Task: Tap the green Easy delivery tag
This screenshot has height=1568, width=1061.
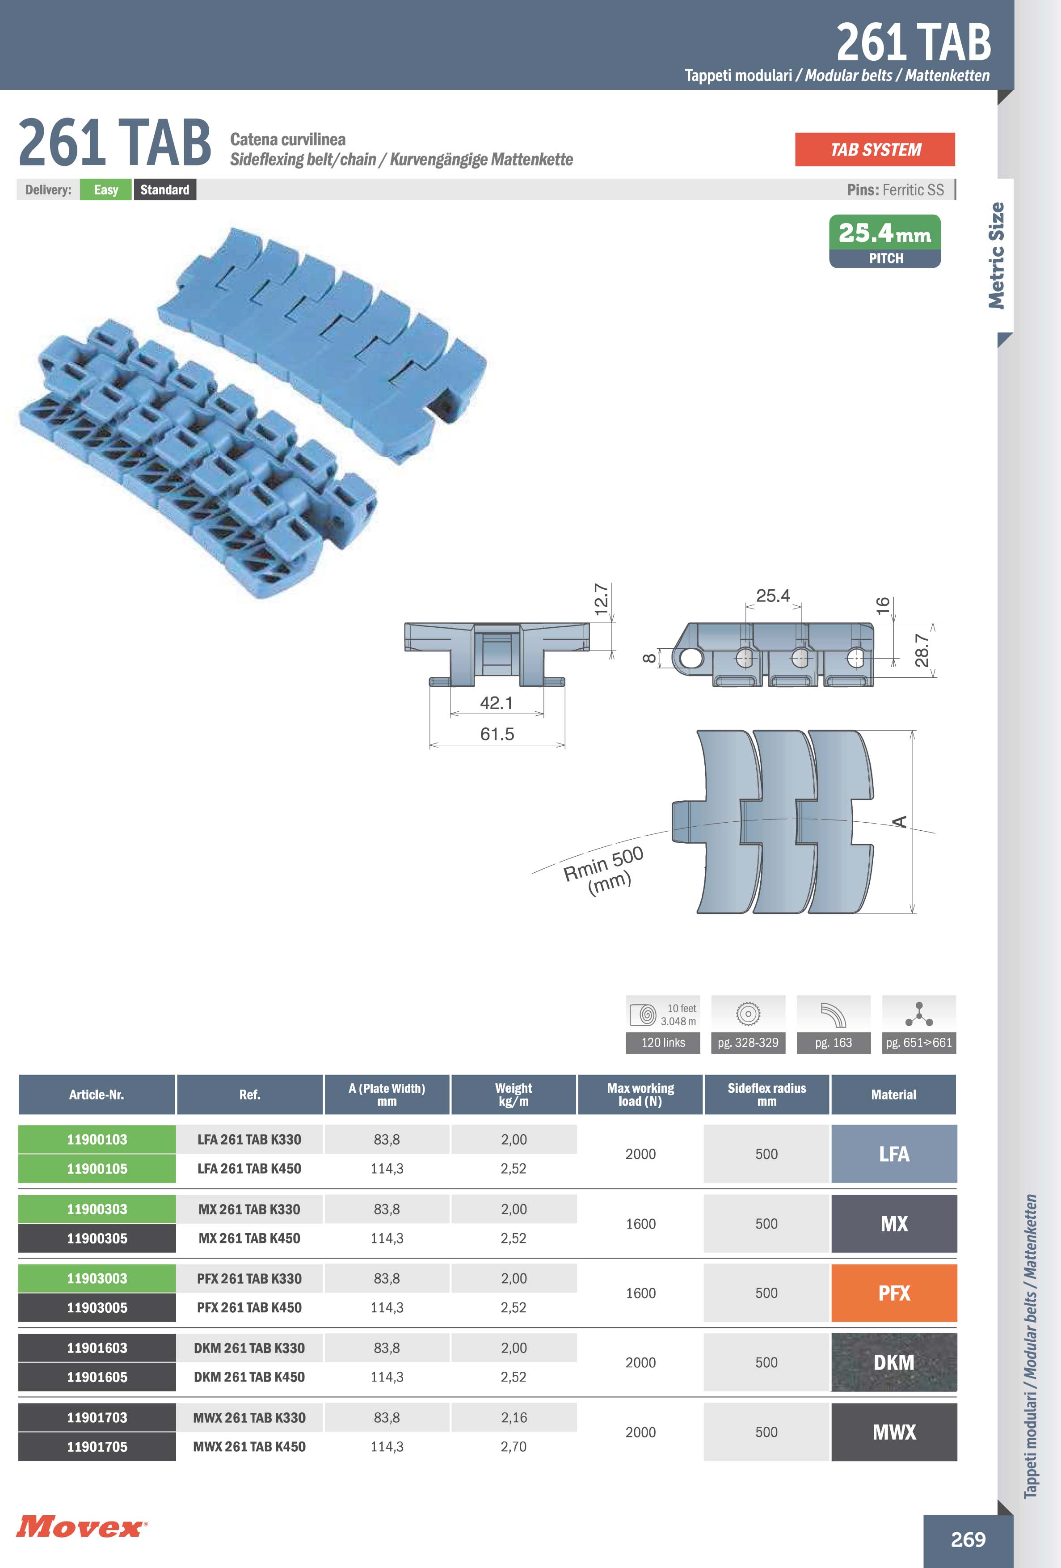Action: (106, 190)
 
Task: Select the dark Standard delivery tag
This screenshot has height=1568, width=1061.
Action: (164, 190)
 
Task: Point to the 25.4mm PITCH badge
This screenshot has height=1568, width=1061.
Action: (884, 241)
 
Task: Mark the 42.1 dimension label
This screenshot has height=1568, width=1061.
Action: (497, 702)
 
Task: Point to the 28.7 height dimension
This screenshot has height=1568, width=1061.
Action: (922, 651)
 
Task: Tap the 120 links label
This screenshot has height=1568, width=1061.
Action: (663, 1042)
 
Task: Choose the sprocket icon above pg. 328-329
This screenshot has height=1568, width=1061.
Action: (748, 1014)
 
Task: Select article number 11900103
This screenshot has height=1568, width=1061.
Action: (97, 1140)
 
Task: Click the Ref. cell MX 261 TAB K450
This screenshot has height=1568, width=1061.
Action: (249, 1238)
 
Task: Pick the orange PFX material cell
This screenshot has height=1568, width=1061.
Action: (894, 1293)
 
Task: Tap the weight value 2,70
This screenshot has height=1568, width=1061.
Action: (514, 1446)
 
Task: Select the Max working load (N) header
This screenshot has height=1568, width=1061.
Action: (640, 1095)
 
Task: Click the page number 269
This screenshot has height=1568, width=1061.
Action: (968, 1539)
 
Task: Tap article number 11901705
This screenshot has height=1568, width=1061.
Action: (97, 1446)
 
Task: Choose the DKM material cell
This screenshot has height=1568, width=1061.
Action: (894, 1362)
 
